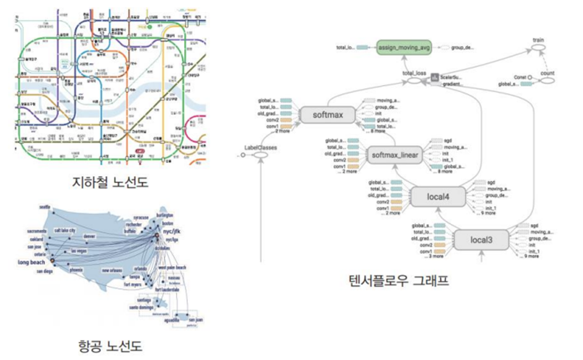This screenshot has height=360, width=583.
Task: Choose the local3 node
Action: click(481, 240)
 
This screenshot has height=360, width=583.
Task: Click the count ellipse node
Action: click(546, 73)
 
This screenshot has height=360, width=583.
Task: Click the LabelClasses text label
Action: click(261, 147)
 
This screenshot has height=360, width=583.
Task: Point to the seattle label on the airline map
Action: click(44, 207)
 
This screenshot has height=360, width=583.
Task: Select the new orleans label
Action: click(112, 271)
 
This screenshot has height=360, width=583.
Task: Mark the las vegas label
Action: click(79, 250)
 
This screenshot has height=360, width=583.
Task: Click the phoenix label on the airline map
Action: click(76, 271)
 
